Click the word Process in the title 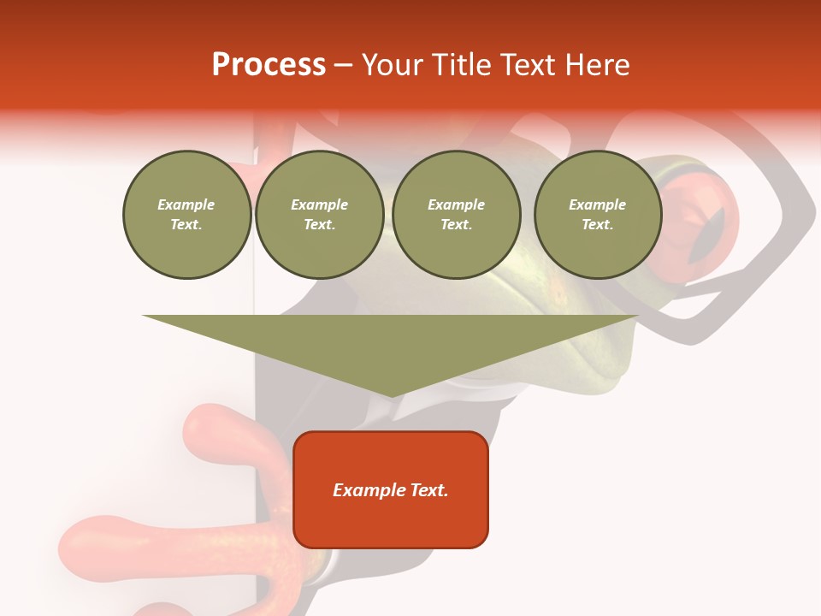pyautogui.click(x=269, y=65)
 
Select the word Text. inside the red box pyautogui.click(x=428, y=490)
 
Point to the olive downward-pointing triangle pyautogui.click(x=390, y=342)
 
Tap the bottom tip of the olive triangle pyautogui.click(x=391, y=394)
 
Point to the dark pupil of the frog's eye pyautogui.click(x=707, y=234)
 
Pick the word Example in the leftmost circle pyautogui.click(x=186, y=204)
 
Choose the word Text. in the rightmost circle pyautogui.click(x=597, y=224)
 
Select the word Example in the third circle pyautogui.click(x=456, y=204)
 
